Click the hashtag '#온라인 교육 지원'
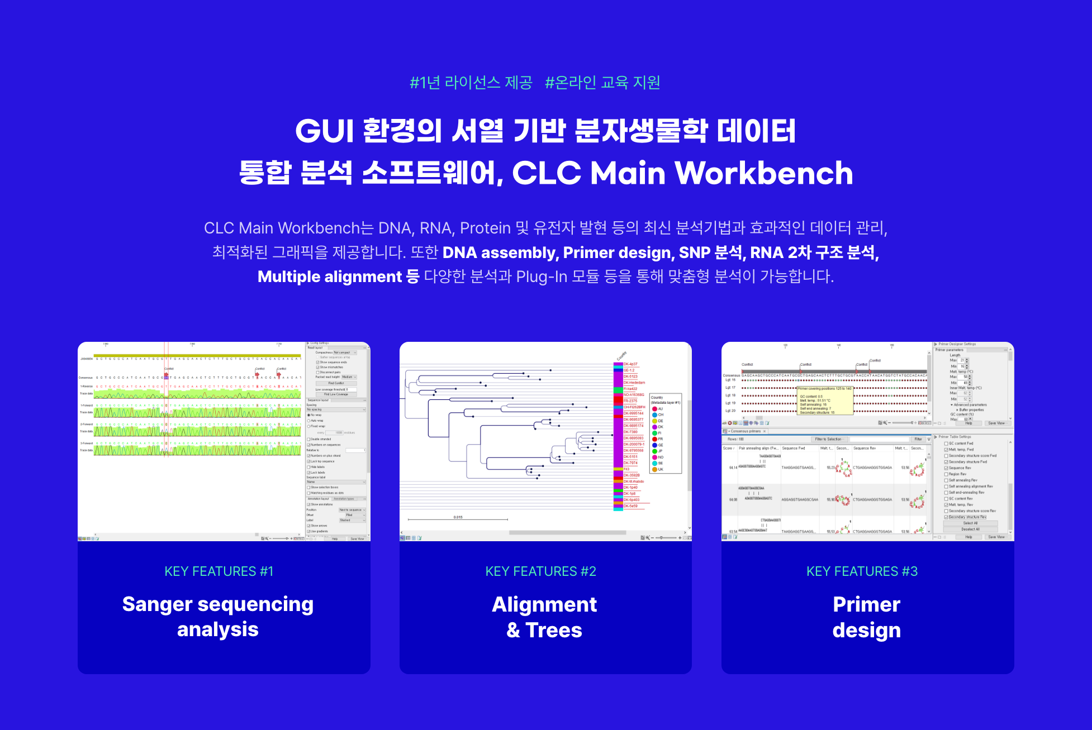tap(602, 83)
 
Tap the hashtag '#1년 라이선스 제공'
tap(471, 83)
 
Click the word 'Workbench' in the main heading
tap(764, 173)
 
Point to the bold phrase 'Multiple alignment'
tap(330, 276)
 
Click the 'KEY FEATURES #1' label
tap(219, 571)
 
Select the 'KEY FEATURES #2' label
tap(540, 571)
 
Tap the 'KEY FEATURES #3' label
tap(862, 571)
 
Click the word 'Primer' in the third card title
tap(866, 604)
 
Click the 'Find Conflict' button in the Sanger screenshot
tap(336, 383)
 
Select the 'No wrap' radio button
tap(309, 415)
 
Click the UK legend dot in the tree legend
tap(654, 469)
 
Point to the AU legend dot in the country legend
tap(654, 409)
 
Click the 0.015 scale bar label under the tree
tap(458, 517)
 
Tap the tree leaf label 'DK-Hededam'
tap(634, 383)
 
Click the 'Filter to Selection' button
tap(828, 440)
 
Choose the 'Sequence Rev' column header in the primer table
tap(865, 448)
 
